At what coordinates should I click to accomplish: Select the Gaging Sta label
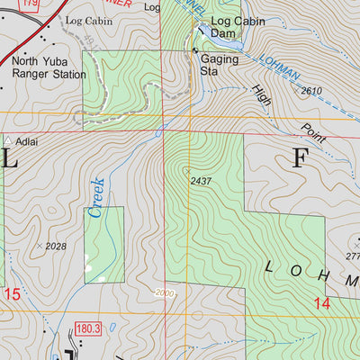point(222,61)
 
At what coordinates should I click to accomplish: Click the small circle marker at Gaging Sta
point(195,51)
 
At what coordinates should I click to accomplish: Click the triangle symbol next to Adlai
point(8,141)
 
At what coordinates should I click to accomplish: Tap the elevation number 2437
point(202,181)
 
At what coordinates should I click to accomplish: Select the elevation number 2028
point(56,246)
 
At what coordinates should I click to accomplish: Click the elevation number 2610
point(311,91)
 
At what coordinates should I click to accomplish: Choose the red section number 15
point(11,294)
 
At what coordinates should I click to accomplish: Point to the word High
point(262,94)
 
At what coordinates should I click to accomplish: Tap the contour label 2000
point(164,292)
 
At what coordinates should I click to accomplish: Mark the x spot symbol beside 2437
point(186,168)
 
